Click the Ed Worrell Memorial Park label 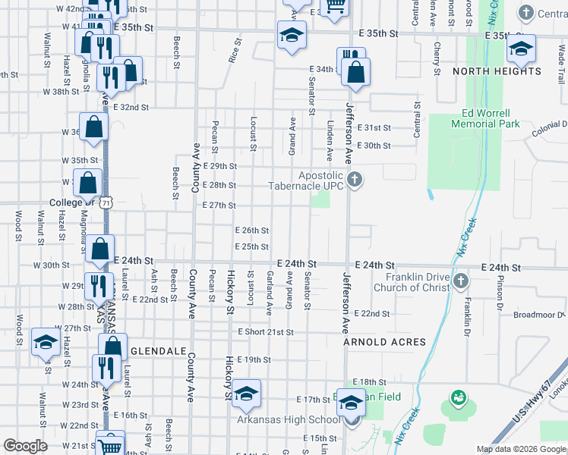click(485, 118)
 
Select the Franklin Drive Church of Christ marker click(460, 282)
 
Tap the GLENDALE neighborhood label click(158, 352)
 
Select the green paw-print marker click(457, 397)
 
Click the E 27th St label click(219, 205)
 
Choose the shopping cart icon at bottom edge click(111, 444)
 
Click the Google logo click(26, 446)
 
